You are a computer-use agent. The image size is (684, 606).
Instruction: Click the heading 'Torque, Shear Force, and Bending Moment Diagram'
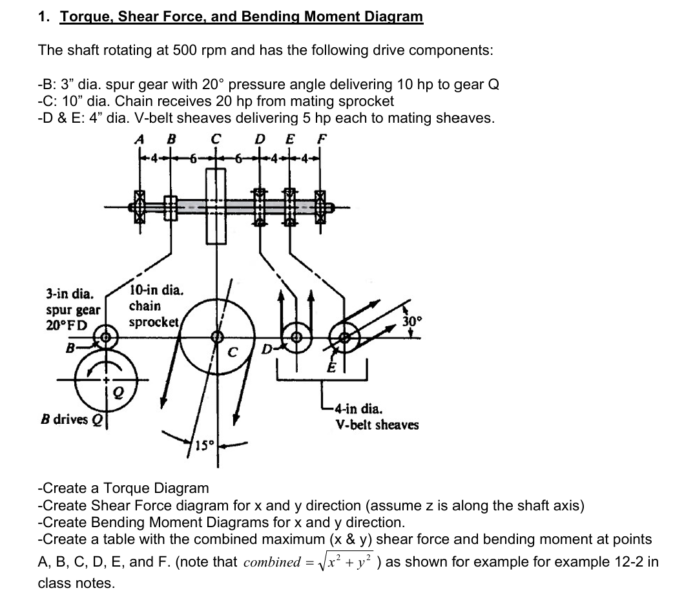tap(242, 17)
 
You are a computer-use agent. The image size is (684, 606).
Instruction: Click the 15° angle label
tap(204, 445)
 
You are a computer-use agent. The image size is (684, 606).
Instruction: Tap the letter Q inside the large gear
tap(118, 390)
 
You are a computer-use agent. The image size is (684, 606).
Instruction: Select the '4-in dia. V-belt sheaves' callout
tap(377, 417)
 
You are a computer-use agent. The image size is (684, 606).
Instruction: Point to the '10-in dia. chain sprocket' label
tap(156, 305)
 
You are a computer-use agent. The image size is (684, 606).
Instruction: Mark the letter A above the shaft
tap(138, 137)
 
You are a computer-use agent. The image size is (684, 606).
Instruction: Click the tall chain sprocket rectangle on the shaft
tap(216, 206)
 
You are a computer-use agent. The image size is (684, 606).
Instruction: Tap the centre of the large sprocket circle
tap(218, 336)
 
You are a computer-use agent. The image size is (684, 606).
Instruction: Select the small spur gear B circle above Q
tap(105, 337)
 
